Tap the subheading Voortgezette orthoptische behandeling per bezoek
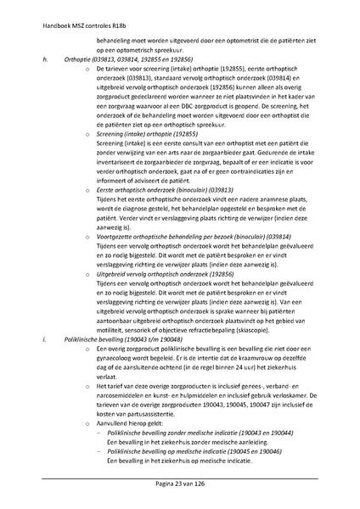pyautogui.click(x=183, y=236)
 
